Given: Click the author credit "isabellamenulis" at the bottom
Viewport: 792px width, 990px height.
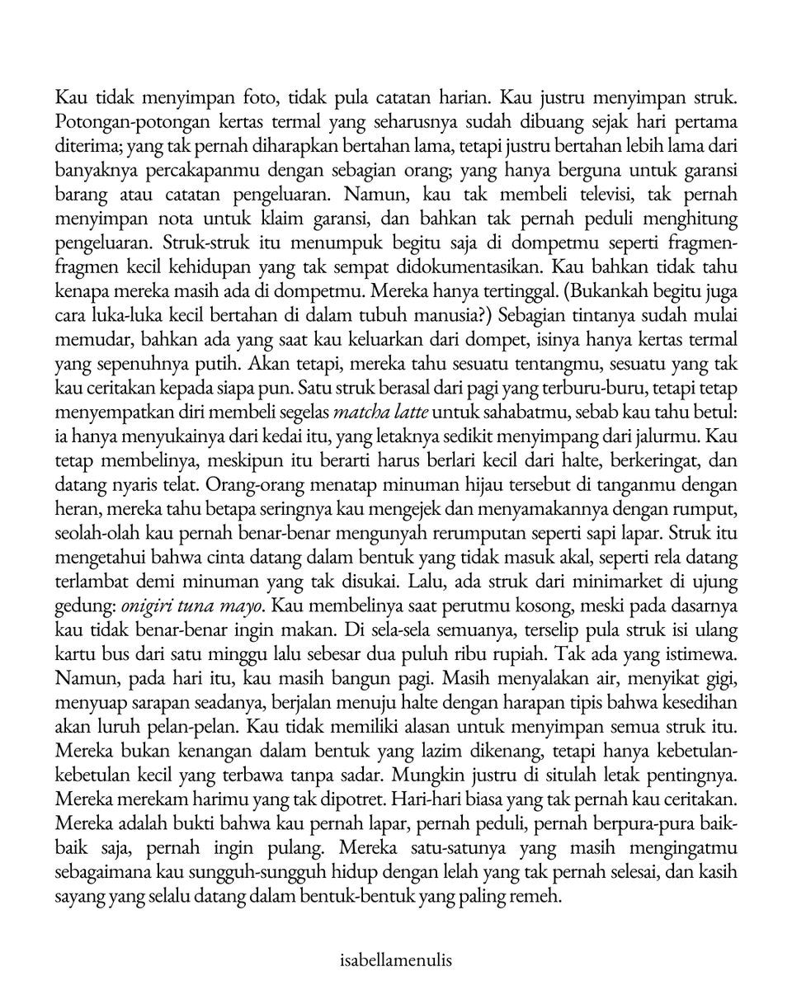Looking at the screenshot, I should [x=395, y=960].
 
